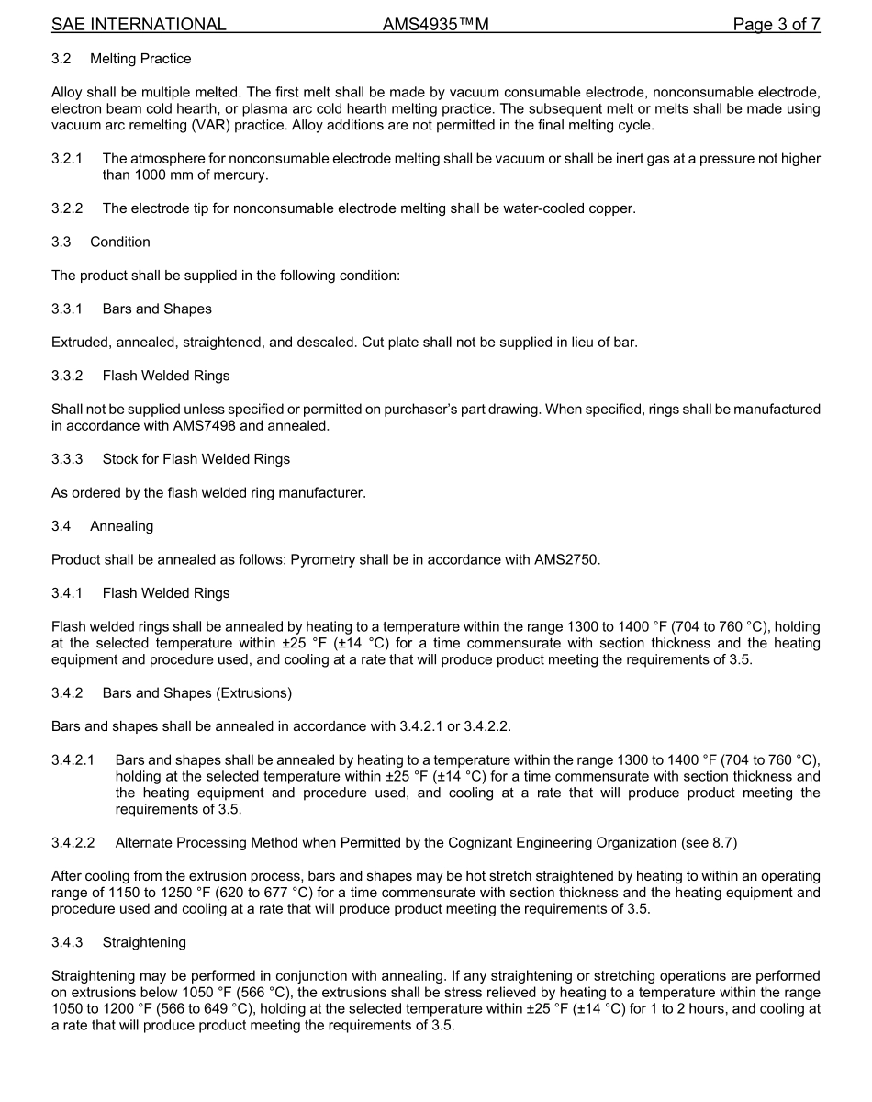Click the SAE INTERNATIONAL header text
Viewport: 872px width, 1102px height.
point(139,25)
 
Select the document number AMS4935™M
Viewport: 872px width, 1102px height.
point(435,25)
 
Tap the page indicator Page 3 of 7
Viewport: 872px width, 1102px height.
point(776,25)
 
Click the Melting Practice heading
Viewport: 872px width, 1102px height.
point(140,59)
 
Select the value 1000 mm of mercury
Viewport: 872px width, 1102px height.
point(201,174)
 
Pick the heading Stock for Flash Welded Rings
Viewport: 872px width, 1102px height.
point(196,459)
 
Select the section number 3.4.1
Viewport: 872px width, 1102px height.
point(67,593)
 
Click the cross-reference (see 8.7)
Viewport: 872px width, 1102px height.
point(721,842)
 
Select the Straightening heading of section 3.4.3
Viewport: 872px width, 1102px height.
point(144,942)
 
